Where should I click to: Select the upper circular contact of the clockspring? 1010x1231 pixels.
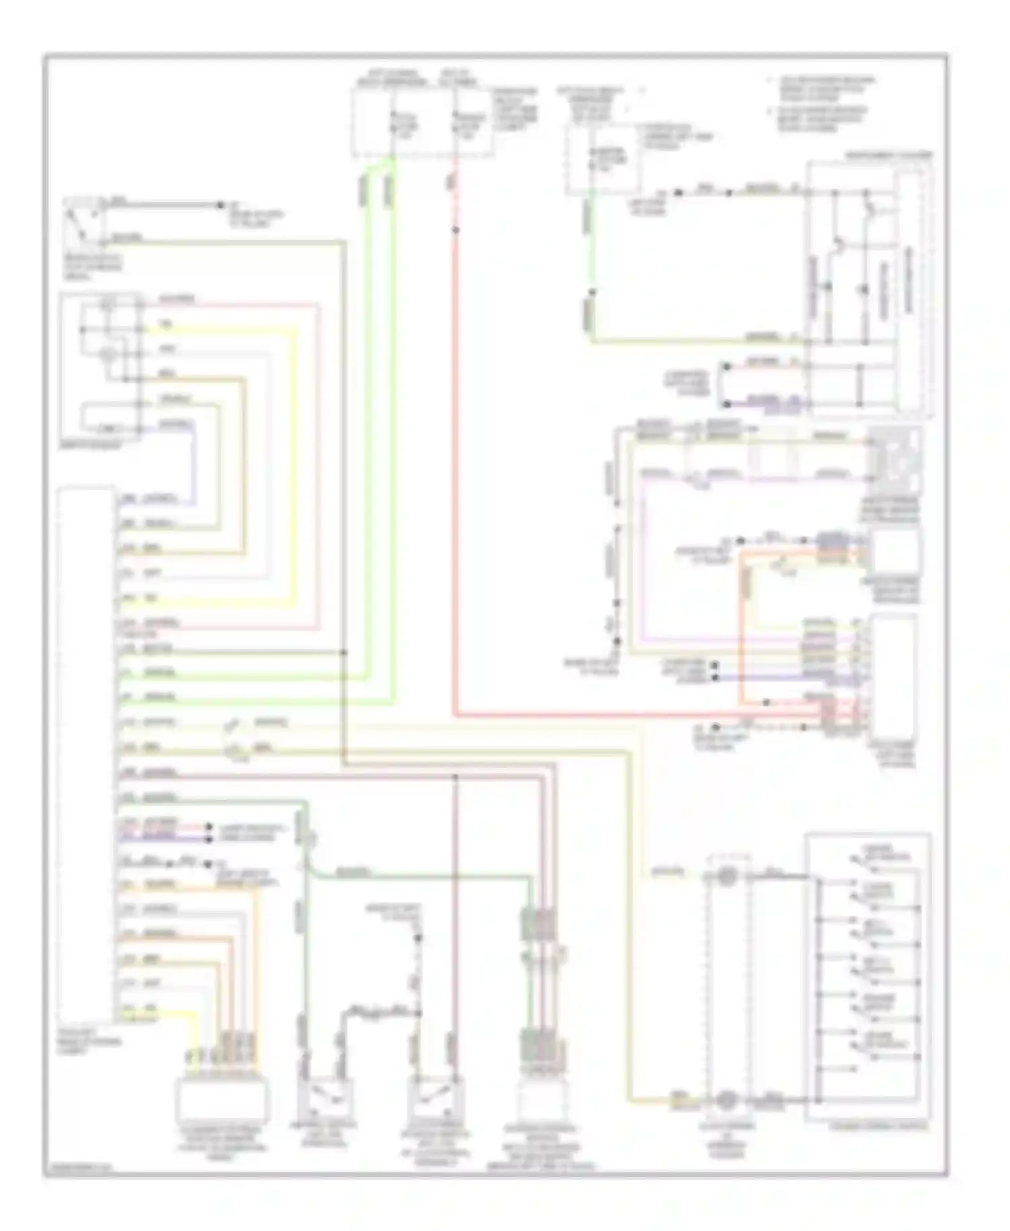(727, 877)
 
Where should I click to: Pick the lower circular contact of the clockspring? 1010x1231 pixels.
(726, 1100)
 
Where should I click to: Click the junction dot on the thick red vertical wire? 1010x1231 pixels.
(456, 230)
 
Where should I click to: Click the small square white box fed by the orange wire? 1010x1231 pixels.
(895, 552)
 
